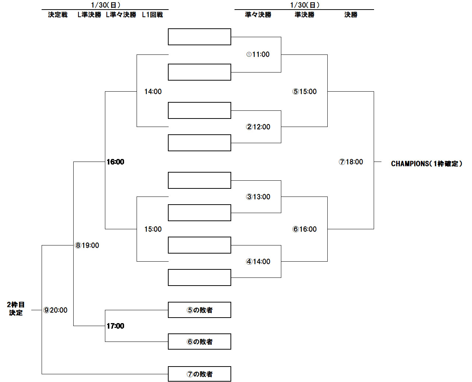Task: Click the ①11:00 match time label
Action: coord(258,54)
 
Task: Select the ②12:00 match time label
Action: coord(258,127)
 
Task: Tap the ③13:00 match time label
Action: coord(258,197)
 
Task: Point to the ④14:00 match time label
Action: coord(258,262)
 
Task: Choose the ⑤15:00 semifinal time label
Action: coord(304,92)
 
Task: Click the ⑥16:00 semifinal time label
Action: coord(304,229)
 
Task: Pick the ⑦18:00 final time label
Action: coord(351,162)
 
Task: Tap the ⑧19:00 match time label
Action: coord(87,245)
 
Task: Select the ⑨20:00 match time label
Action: coord(56,310)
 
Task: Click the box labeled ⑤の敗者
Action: coord(200,310)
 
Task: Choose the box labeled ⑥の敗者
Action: coord(200,342)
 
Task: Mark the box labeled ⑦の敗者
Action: coord(200,374)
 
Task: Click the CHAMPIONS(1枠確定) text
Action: coord(426,164)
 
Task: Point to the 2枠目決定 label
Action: coord(16,309)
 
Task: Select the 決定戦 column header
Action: coord(58,15)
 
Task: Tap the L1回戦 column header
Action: coord(152,15)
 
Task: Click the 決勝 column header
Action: coord(351,15)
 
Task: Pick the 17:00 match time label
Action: coord(116,326)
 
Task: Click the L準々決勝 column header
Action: coord(121,15)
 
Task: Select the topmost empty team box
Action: coord(200,37)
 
